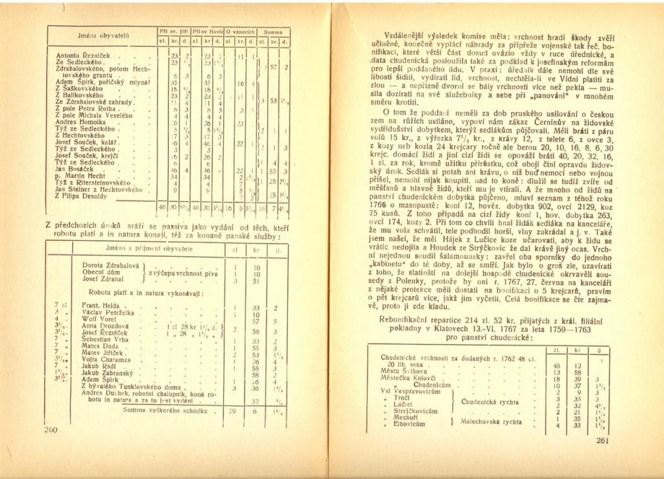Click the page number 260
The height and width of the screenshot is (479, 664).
[51, 430]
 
